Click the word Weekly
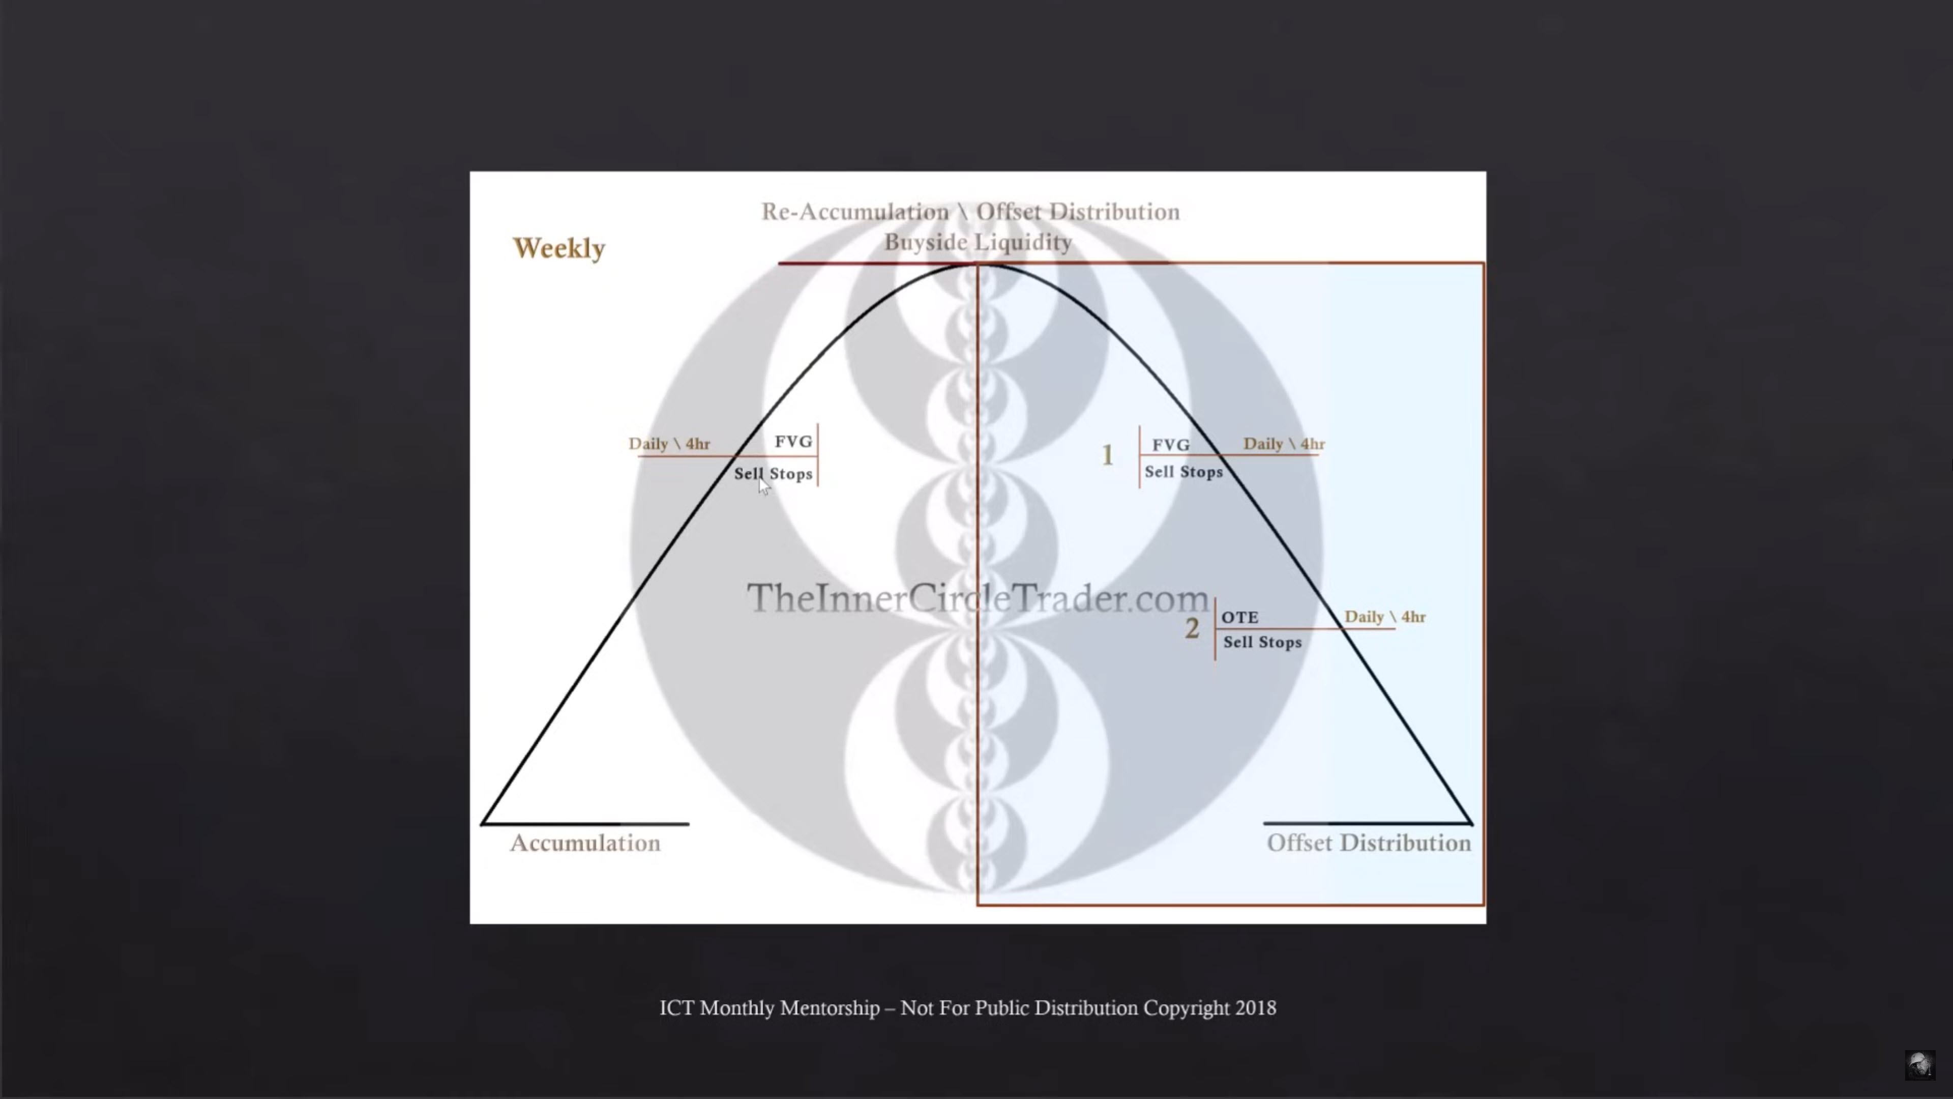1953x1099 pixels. (559, 248)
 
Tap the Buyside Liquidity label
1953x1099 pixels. (978, 242)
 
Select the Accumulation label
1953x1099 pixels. (585, 843)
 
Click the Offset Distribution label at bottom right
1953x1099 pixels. (1369, 843)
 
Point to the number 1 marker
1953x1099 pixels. (1108, 454)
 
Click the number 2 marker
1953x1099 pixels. (1192, 628)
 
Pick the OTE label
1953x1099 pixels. (1239, 617)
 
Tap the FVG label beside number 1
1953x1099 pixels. (1171, 445)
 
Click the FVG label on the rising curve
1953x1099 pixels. (793, 442)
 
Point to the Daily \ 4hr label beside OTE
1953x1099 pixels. (1385, 617)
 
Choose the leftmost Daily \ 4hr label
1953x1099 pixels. (669, 444)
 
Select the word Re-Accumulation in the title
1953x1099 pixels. (855, 212)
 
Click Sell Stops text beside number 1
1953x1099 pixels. (1183, 472)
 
